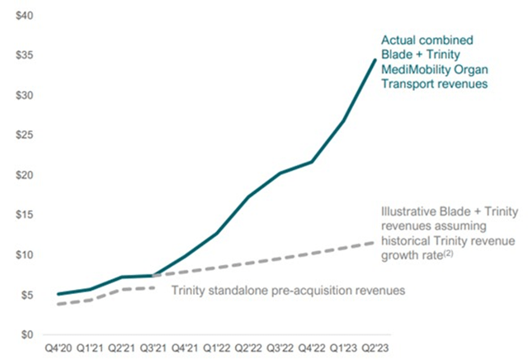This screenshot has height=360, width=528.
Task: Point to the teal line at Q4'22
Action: tap(312, 162)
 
